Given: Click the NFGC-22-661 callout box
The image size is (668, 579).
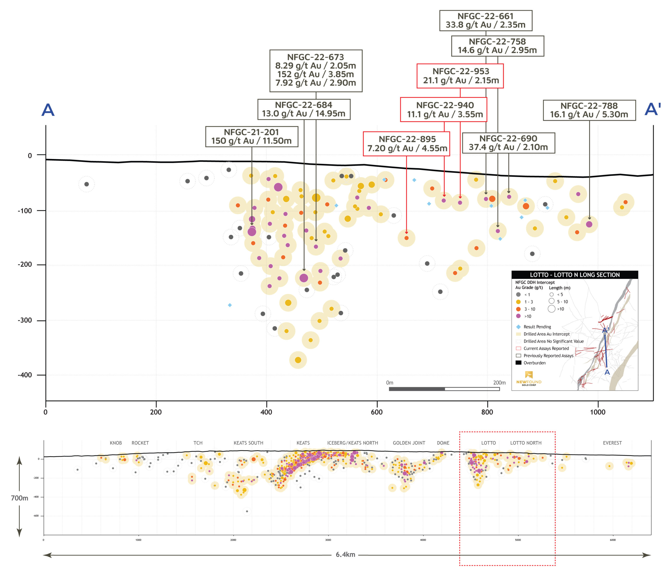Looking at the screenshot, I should [x=485, y=21].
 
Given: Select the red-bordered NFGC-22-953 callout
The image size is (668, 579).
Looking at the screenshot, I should [x=460, y=76].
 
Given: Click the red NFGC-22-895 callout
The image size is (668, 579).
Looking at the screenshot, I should [x=406, y=144].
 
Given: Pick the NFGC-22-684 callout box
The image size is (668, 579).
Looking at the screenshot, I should [x=303, y=109].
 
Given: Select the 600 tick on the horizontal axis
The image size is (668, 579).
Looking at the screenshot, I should [x=377, y=412].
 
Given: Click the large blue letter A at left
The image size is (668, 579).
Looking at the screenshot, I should [x=48, y=110].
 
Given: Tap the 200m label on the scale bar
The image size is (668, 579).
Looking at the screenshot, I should [x=499, y=383].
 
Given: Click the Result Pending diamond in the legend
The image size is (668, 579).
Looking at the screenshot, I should [x=518, y=327].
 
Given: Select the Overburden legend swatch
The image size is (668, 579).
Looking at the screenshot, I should [x=518, y=362].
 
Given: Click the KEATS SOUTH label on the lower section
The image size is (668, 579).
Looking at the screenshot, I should [x=248, y=443].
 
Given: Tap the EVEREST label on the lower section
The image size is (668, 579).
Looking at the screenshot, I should [x=612, y=443].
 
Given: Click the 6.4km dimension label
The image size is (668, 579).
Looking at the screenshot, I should [x=345, y=555].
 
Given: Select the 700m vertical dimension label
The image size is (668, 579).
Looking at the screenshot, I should [x=19, y=498].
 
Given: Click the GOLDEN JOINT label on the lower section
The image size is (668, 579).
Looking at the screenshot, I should [x=409, y=443].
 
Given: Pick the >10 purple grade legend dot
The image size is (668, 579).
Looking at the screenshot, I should [x=518, y=316].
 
